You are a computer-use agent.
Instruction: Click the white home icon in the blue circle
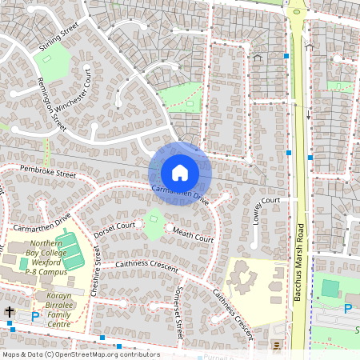coord(180,172)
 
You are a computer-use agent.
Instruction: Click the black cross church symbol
coord(10,313)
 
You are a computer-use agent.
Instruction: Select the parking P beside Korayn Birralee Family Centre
coord(34,317)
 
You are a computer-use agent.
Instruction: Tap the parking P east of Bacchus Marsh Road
coord(347,309)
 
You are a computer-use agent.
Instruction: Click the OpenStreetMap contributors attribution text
coord(80,354)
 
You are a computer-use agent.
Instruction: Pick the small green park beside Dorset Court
coord(153,227)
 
